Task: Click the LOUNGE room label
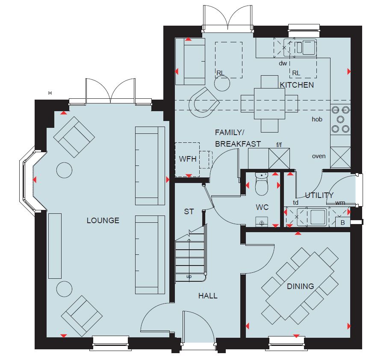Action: (103, 220)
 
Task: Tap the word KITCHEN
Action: (297, 85)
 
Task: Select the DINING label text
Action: (301, 286)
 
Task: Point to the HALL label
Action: (208, 296)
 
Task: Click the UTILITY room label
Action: (319, 195)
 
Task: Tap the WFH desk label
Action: (188, 159)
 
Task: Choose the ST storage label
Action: (189, 212)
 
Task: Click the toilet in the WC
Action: (262, 184)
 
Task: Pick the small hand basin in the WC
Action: (262, 221)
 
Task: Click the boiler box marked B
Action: (342, 222)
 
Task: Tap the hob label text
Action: (317, 119)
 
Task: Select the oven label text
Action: (319, 156)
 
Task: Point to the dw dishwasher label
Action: (283, 63)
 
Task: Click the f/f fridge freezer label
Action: (279, 145)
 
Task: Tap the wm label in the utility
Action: (340, 203)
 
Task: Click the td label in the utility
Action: (295, 202)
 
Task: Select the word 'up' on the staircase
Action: (189, 277)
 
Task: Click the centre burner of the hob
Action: (340, 120)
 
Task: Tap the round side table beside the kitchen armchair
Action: (222, 83)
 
